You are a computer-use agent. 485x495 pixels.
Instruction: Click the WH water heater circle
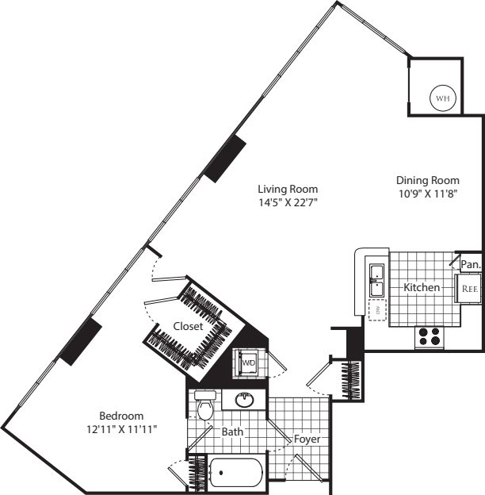point(442,98)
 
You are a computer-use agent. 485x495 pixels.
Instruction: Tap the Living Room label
point(288,189)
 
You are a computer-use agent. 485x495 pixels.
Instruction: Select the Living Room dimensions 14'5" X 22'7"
point(288,202)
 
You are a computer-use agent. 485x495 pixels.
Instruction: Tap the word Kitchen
point(422,287)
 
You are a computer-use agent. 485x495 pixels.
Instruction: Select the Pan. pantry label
point(471,264)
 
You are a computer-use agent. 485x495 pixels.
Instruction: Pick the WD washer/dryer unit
point(248,363)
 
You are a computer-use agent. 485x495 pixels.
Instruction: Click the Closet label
point(189,326)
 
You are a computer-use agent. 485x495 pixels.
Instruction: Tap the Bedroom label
point(120,416)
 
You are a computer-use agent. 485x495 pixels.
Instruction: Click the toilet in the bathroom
point(206,406)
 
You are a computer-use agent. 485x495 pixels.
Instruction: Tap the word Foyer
point(307,439)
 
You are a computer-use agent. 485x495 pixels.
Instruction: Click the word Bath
point(233,432)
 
